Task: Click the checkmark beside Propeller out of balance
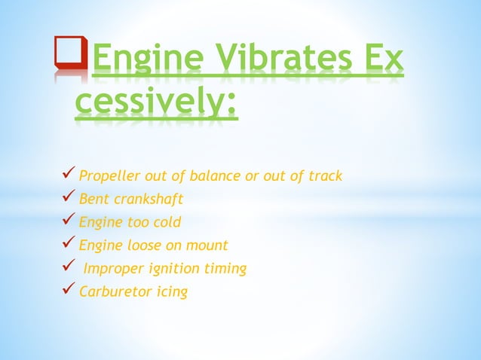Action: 67,175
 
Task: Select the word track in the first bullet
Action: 325,176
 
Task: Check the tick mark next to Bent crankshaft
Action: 67,199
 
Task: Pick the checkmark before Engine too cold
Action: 67,222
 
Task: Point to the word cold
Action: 167,222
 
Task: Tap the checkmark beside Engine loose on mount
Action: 67,245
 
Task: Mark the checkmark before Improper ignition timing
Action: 67,267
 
